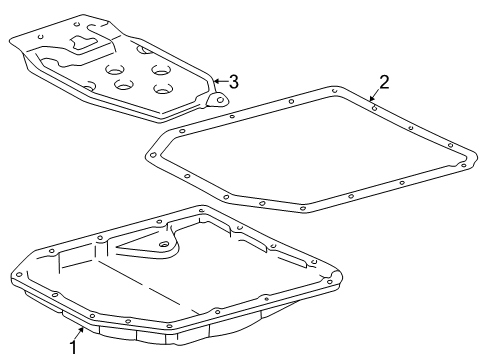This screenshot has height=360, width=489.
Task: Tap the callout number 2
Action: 383,82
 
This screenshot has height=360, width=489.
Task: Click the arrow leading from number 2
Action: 376,94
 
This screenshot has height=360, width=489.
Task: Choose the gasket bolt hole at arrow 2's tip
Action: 373,99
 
